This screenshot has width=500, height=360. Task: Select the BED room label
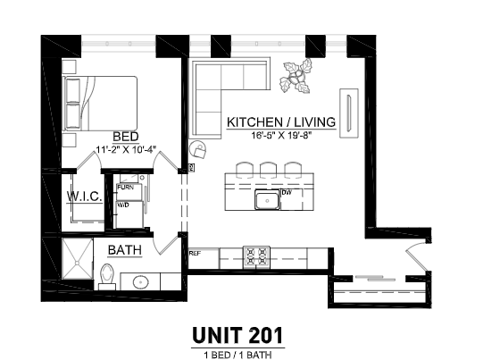(x=125, y=136)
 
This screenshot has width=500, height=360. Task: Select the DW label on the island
(x=287, y=192)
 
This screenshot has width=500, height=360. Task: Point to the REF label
(x=194, y=254)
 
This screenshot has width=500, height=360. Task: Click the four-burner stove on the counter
(x=257, y=257)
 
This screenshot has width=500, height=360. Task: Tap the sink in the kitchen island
(x=265, y=199)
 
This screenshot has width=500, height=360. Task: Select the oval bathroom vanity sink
(x=141, y=283)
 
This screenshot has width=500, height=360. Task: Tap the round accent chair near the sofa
(x=197, y=150)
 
